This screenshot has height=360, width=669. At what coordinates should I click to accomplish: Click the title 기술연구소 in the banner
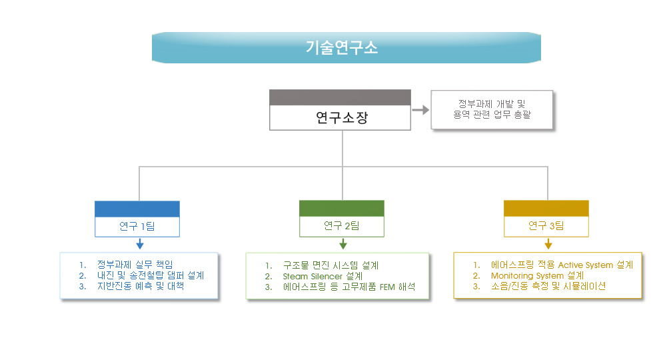point(342,47)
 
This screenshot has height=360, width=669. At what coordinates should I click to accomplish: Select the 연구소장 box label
point(341,117)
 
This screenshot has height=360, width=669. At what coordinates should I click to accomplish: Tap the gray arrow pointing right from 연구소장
point(420,110)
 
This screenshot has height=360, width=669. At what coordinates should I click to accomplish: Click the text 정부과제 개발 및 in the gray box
point(492,104)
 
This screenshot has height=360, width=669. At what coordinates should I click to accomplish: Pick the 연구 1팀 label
point(137,226)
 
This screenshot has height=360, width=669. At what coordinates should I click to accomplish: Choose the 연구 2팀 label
point(341,225)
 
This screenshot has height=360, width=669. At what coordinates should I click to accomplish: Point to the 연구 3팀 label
point(546,225)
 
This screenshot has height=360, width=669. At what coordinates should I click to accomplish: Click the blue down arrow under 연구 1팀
point(139,244)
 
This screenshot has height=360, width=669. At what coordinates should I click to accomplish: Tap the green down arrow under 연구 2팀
point(343,244)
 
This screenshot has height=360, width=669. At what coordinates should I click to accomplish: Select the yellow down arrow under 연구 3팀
point(548,244)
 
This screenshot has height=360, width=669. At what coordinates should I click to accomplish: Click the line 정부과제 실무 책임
point(135,265)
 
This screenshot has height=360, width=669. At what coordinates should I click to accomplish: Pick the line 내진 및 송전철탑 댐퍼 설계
point(151,275)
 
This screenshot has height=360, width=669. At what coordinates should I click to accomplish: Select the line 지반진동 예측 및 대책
point(141,286)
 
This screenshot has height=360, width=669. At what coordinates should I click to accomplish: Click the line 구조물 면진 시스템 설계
point(331,265)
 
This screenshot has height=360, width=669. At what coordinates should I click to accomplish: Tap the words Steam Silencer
point(313,276)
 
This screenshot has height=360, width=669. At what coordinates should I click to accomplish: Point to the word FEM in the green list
point(387,287)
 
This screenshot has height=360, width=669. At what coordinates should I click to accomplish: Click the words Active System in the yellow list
point(585,265)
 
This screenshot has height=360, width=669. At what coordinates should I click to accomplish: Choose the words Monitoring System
point(527,276)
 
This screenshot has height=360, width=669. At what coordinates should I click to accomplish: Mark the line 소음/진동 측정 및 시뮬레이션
point(548,286)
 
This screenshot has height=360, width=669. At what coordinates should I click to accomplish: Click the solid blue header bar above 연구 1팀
point(137,209)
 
